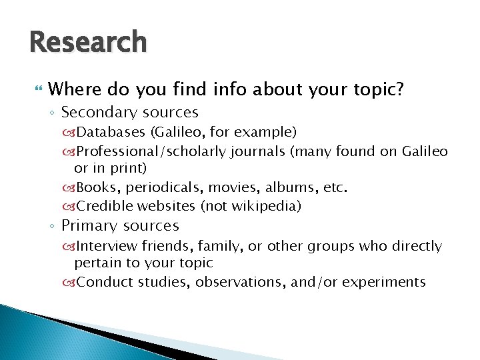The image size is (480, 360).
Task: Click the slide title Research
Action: [87, 43]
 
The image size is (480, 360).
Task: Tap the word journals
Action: [258, 152]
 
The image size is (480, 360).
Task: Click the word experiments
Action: [384, 282]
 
